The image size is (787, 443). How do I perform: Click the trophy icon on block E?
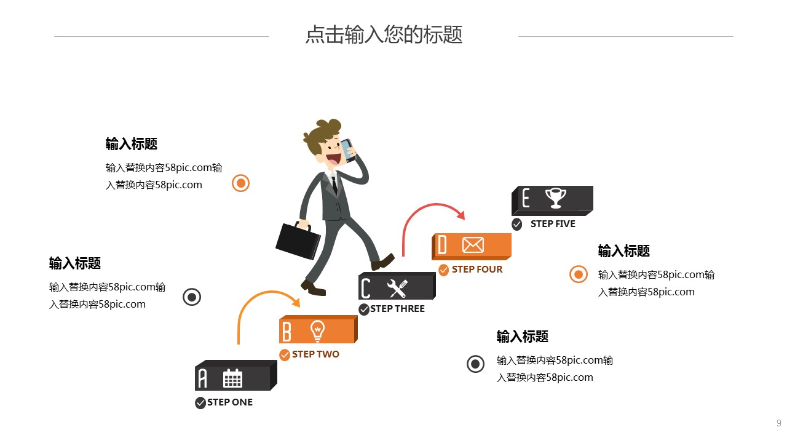(x=556, y=198)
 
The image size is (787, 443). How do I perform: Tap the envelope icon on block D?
(x=473, y=245)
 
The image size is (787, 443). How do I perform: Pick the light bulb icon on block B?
(x=317, y=330)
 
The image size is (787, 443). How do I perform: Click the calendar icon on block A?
(x=232, y=378)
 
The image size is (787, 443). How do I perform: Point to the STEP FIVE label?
(x=553, y=224)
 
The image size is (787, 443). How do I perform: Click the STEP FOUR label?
(x=477, y=269)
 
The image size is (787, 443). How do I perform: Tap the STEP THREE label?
(x=397, y=309)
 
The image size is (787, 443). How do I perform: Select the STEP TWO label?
(x=315, y=354)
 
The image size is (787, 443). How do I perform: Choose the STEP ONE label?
(x=230, y=402)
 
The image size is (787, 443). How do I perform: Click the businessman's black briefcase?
(x=298, y=241)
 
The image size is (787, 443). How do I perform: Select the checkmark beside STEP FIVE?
(x=517, y=224)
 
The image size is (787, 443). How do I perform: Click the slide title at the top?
(x=384, y=35)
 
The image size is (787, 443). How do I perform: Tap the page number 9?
(x=779, y=423)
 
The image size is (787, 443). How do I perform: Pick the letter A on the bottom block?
(x=202, y=378)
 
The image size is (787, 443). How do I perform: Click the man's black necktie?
(x=334, y=183)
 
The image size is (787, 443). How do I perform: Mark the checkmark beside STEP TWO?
(x=285, y=355)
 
